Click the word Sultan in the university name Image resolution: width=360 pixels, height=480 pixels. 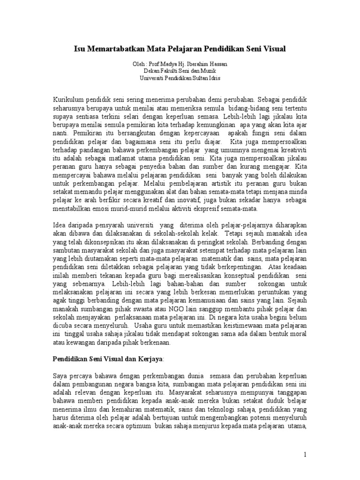coord(202,78)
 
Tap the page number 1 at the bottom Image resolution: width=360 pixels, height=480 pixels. coord(305,454)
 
